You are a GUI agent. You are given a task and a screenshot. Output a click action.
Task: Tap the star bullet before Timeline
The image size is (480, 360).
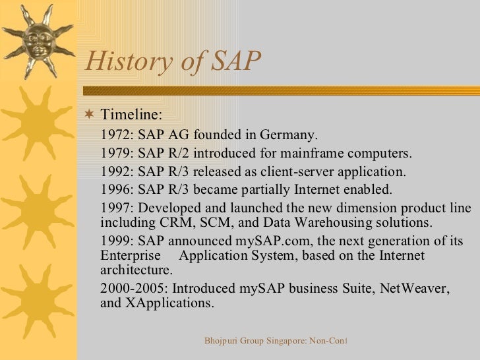pos(90,117)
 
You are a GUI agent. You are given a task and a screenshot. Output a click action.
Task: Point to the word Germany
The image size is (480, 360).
pos(288,136)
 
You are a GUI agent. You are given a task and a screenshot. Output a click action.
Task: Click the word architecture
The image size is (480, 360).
pos(136,270)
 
